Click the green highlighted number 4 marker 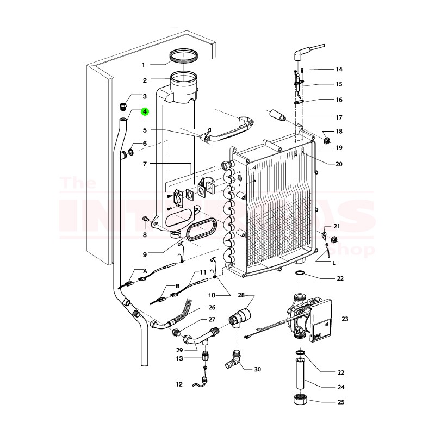point(145,113)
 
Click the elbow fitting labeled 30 point(234,361)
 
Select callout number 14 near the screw point(339,70)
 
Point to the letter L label point(333,263)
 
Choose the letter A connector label point(145,271)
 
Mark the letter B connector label point(177,286)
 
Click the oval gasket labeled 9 point(202,232)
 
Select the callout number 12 point(179,384)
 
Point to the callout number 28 point(242,295)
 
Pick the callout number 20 point(339,164)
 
